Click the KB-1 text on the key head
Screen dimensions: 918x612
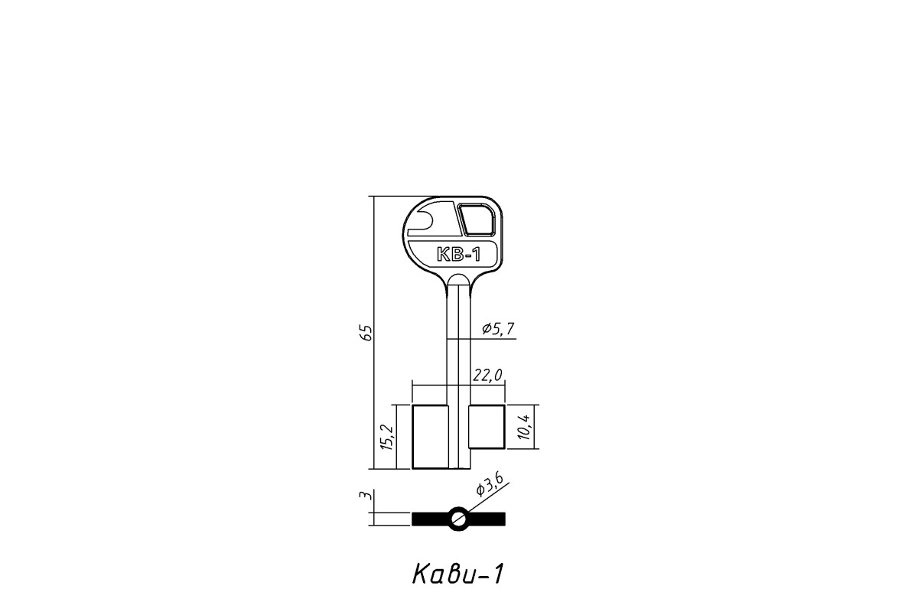pyautogui.click(x=458, y=255)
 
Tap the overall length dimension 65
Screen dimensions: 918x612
pyautogui.click(x=365, y=333)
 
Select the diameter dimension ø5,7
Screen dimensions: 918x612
pyautogui.click(x=498, y=329)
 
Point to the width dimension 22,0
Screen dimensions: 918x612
pyautogui.click(x=487, y=375)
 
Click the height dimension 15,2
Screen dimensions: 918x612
pyautogui.click(x=387, y=438)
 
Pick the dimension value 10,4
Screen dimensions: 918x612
pyautogui.click(x=524, y=427)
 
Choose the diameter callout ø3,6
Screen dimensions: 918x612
pyautogui.click(x=490, y=483)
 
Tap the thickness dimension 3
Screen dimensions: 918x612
pyautogui.click(x=366, y=495)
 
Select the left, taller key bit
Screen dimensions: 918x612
pyautogui.click(x=430, y=437)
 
